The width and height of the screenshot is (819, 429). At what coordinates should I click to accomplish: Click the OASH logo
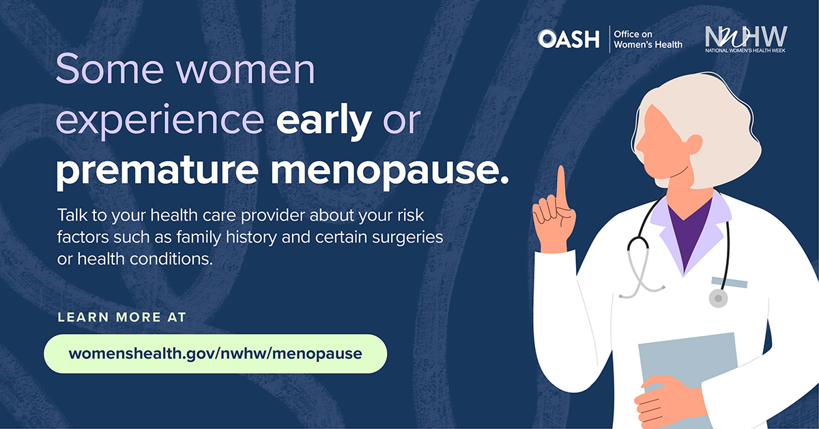[x=569, y=39]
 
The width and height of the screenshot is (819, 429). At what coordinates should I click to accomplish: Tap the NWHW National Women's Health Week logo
[x=746, y=39]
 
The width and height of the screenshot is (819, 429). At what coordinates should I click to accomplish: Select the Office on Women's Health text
[x=648, y=39]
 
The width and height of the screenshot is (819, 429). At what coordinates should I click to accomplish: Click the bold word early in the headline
[x=324, y=120]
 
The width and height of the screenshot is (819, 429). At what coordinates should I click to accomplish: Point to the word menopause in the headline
[x=390, y=170]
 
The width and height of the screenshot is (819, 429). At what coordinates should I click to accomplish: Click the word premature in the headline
[x=157, y=170]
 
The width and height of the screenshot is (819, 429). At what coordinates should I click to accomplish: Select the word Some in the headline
[x=110, y=69]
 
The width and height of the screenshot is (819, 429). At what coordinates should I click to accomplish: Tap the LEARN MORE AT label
[x=122, y=317]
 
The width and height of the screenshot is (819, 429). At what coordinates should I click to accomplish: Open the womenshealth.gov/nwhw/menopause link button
[x=216, y=354]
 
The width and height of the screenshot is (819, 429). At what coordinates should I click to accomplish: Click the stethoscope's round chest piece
[x=719, y=299]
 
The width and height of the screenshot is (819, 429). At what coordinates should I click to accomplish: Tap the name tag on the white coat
[x=730, y=282]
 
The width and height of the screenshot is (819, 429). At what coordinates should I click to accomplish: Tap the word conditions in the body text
[x=171, y=259]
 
